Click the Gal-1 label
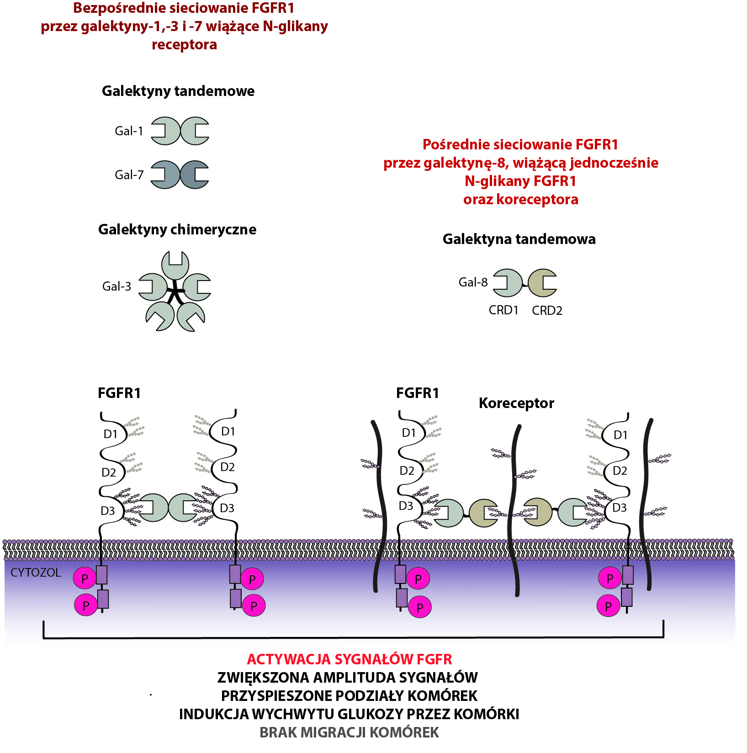point(129,131)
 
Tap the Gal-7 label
point(129,175)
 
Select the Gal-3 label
point(117,286)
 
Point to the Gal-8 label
point(473,282)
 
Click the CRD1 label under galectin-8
point(503,310)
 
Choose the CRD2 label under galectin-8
point(547,311)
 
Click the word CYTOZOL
point(36,573)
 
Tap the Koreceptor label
point(516,403)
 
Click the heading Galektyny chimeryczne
point(177,229)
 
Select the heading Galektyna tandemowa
point(519,239)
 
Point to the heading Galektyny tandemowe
point(178,91)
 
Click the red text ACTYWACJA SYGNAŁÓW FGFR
point(350,659)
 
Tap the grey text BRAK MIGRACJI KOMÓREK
point(350,732)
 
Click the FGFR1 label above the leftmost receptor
point(119,393)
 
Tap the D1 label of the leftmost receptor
point(111,434)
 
